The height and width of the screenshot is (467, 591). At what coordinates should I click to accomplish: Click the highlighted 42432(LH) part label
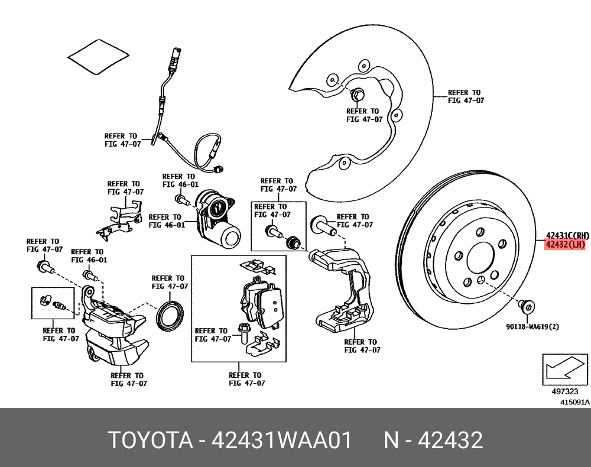pos(564,244)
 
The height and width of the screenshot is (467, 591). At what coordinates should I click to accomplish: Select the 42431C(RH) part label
pos(567,234)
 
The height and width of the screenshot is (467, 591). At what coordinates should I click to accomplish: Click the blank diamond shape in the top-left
pos(98,56)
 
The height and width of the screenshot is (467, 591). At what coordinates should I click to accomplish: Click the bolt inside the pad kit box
pos(242,334)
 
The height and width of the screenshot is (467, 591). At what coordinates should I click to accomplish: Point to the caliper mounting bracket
pos(343,290)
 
